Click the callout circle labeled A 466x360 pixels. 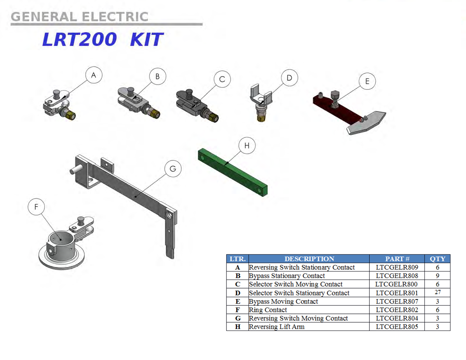94,75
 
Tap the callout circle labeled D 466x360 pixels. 289,78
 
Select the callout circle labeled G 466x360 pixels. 173,169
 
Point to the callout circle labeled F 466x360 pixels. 36,207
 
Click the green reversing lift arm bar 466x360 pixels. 233,172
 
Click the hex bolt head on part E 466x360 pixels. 334,95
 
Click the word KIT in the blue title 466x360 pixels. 147,40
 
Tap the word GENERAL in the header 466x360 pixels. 44,17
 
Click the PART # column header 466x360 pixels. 397,259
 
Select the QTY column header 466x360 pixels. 438,259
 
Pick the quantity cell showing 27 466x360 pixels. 438,292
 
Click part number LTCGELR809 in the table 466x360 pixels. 397,267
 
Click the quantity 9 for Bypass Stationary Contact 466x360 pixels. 438,276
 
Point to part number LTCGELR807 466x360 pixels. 397,301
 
